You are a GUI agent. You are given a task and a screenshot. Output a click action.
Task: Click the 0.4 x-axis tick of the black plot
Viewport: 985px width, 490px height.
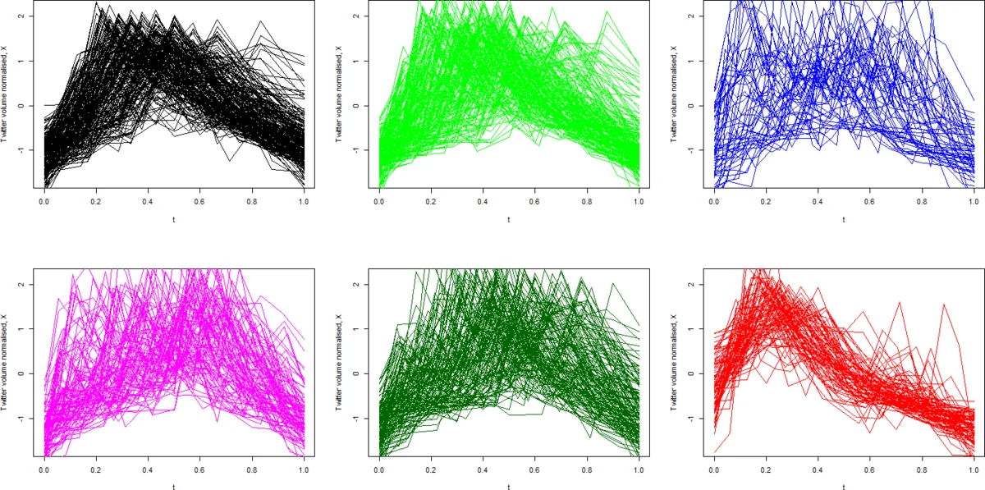(147, 199)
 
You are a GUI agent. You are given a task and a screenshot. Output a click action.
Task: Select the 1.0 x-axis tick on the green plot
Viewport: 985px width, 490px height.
(638, 199)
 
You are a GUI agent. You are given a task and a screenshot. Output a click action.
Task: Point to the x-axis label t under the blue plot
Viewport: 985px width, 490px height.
(844, 220)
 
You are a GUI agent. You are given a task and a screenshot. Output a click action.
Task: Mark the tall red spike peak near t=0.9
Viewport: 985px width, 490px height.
(943, 305)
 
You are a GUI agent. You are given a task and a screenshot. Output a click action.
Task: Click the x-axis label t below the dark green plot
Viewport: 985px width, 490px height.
(508, 487)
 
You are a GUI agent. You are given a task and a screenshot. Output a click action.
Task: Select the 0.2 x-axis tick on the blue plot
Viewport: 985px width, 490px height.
(766, 199)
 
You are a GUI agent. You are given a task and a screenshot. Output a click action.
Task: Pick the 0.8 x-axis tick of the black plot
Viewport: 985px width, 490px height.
(251, 199)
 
